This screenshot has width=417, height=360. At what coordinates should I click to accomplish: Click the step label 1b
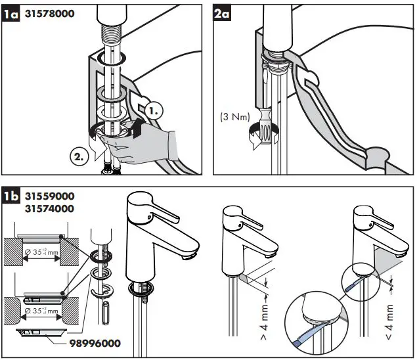[11, 196]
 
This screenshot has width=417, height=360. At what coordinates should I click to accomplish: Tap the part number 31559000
[49, 196]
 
